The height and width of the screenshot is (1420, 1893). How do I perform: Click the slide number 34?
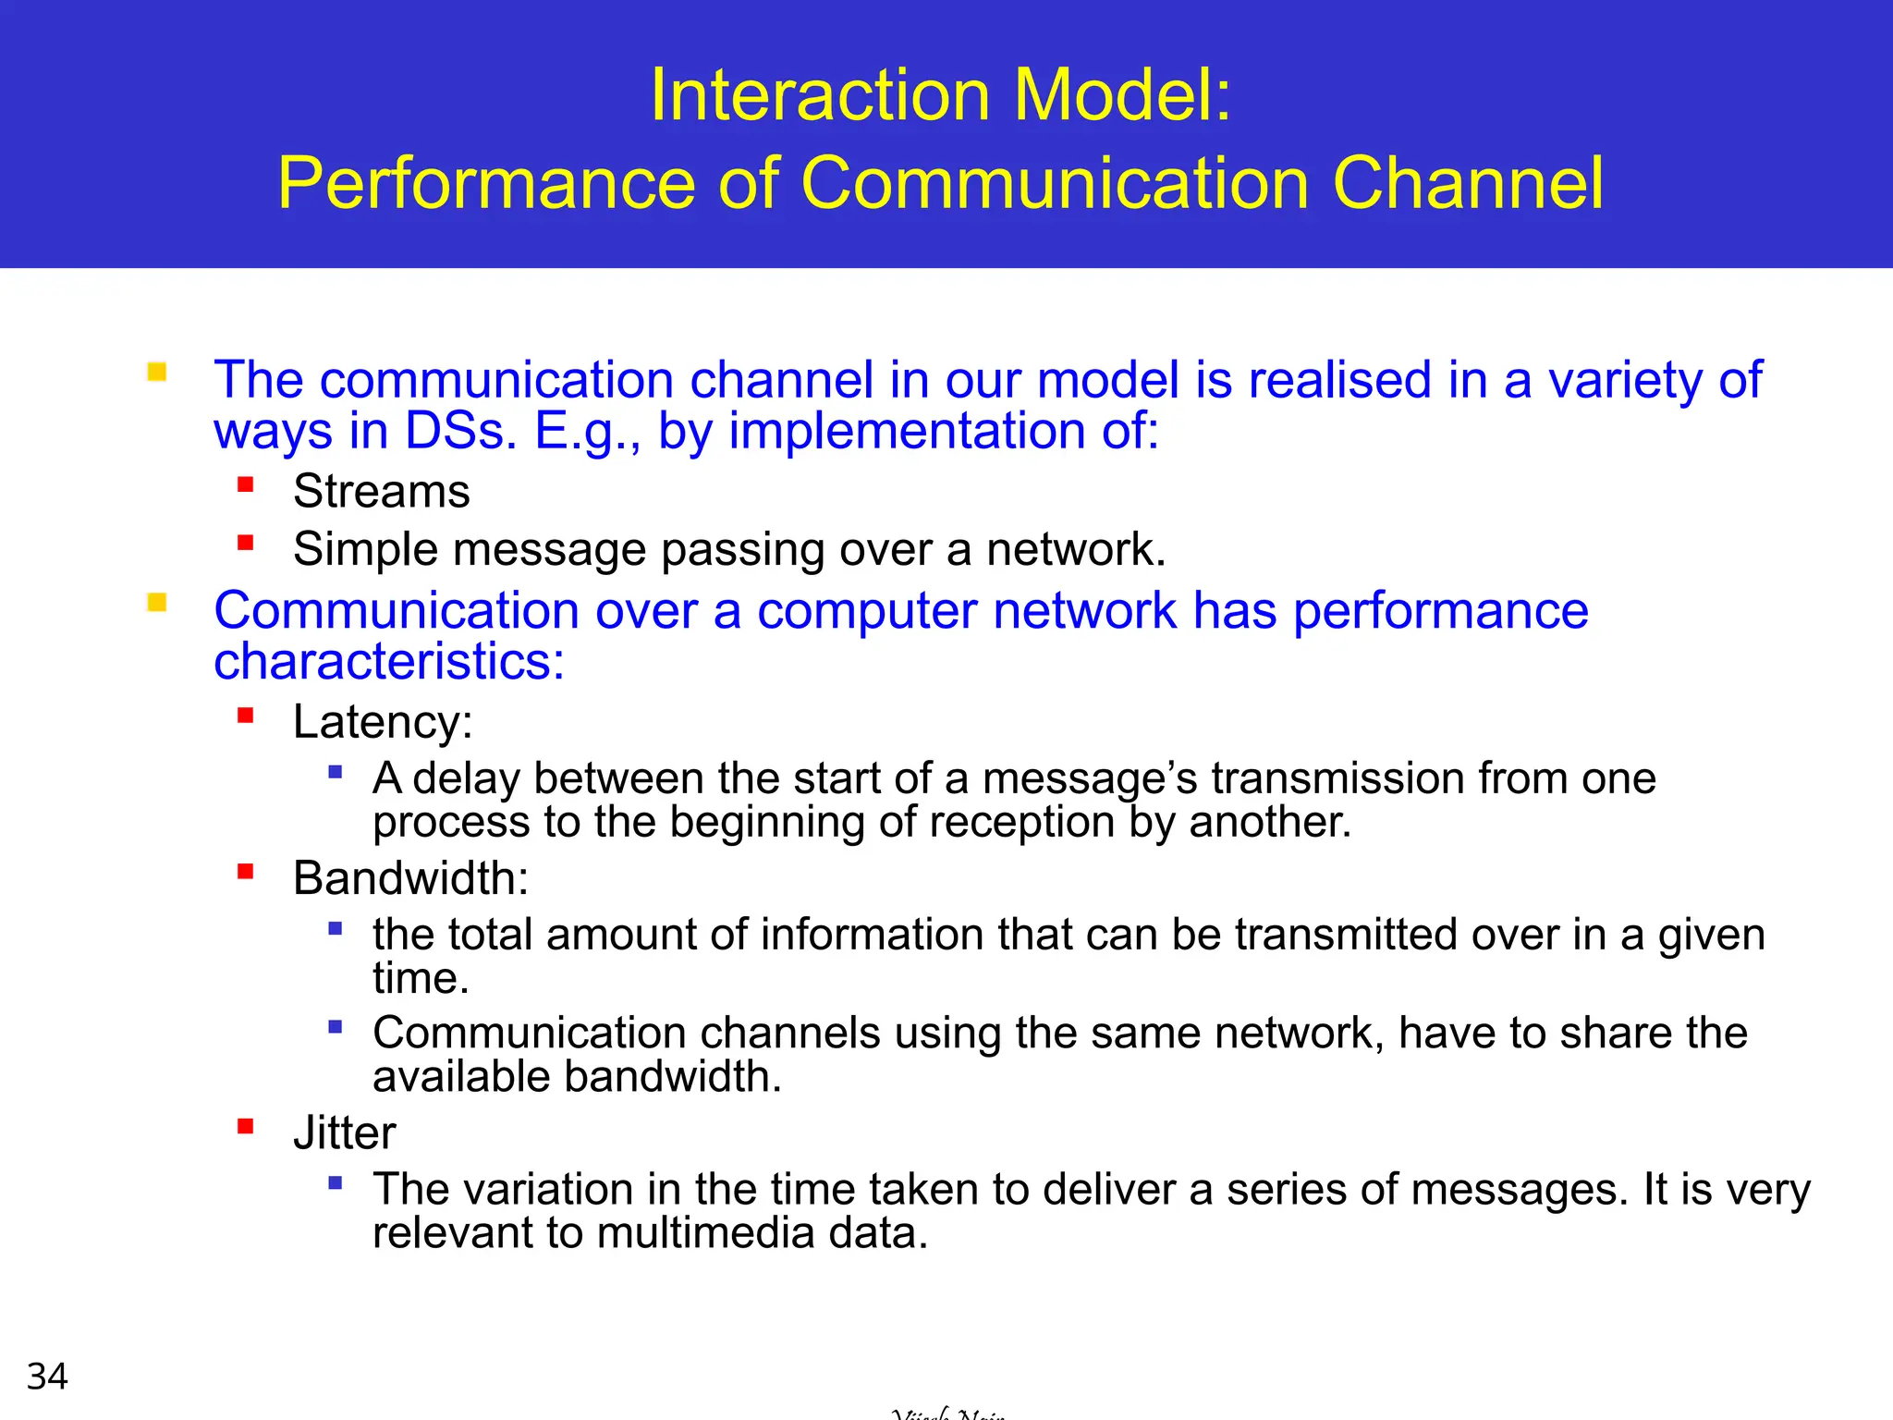[x=47, y=1377]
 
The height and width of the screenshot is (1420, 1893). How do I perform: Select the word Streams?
[x=381, y=491]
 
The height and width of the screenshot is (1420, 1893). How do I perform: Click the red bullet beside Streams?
[x=245, y=484]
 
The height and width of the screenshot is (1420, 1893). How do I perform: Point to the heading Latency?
[x=383, y=722]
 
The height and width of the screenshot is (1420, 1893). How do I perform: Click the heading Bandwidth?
[x=410, y=878]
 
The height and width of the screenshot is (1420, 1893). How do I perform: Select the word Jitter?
[x=344, y=1133]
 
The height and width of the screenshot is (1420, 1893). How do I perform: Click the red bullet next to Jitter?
[x=245, y=1126]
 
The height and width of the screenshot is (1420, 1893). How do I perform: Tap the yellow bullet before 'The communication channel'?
[x=157, y=372]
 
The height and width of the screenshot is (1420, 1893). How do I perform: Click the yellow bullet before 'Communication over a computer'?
[x=157, y=603]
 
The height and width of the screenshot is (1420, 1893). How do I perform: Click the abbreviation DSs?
[x=460, y=432]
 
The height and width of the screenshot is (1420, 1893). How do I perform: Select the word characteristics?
[x=389, y=662]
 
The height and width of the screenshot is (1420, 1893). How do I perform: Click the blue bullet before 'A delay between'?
[x=336, y=771]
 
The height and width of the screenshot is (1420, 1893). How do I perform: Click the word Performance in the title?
[x=486, y=183]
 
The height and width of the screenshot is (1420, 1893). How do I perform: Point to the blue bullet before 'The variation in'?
[x=336, y=1181]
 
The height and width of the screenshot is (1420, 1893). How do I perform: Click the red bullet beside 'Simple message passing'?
[x=245, y=543]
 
